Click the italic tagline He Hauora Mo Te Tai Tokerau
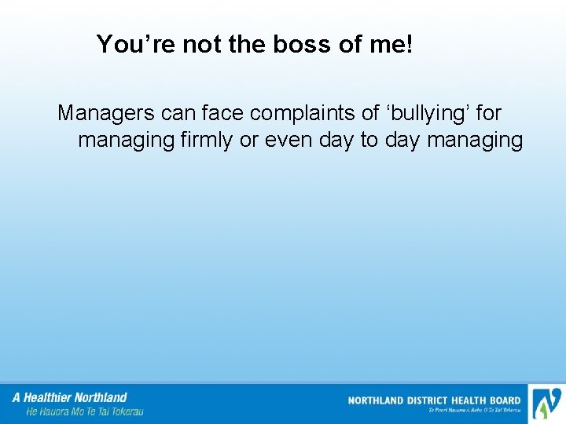click(85, 411)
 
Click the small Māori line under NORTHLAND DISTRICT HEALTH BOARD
click(474, 410)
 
